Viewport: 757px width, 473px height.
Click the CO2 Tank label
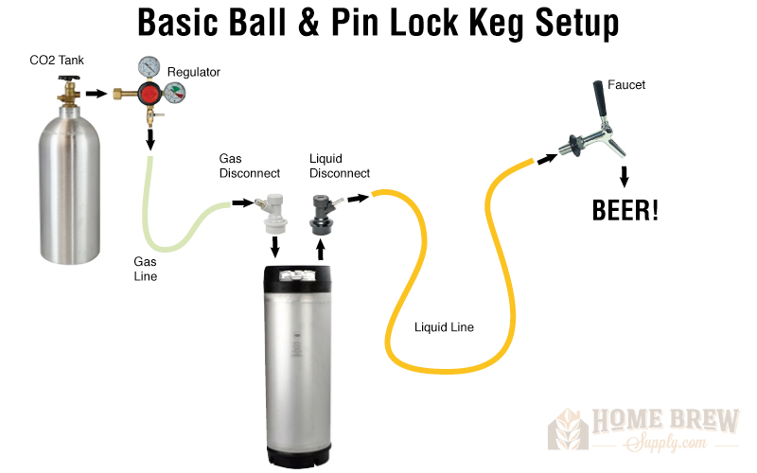(x=57, y=61)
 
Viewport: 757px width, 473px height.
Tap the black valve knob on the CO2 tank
(x=69, y=79)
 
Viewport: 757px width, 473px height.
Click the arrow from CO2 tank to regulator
(x=97, y=93)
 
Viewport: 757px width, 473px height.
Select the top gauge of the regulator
(x=150, y=67)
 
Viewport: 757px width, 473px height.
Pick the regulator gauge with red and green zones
(x=175, y=93)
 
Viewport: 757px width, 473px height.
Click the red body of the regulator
(x=150, y=94)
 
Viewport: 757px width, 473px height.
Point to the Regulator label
(x=194, y=73)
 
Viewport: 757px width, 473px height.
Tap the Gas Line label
(x=146, y=269)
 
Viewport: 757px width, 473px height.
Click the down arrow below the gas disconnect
(x=275, y=247)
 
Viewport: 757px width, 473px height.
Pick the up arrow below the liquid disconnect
(x=320, y=250)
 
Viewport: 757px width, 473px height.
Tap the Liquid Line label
(x=444, y=327)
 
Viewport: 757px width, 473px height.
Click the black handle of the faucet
(x=600, y=98)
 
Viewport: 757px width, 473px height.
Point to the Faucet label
(x=626, y=85)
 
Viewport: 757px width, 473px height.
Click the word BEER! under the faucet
(x=625, y=210)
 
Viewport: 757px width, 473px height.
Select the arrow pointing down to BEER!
(x=625, y=177)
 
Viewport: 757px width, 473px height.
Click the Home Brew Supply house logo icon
(x=568, y=429)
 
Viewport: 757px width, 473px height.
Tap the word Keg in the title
(x=497, y=23)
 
